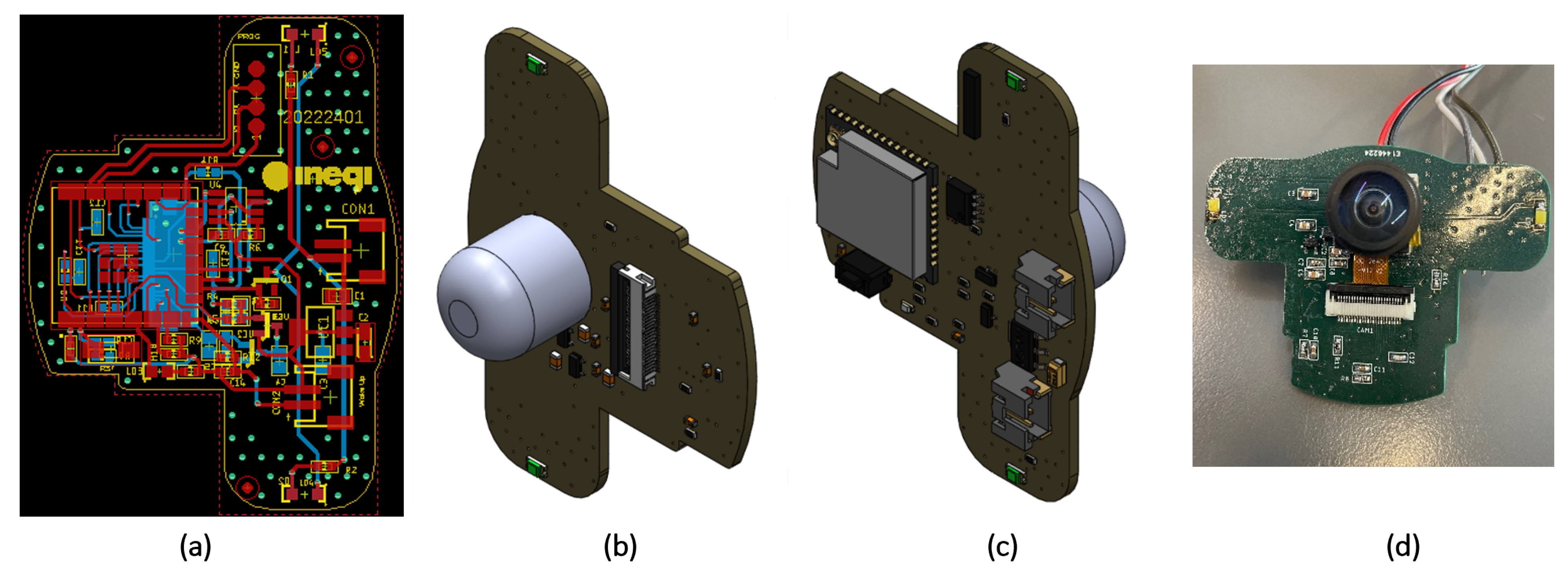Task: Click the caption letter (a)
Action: pyautogui.click(x=195, y=546)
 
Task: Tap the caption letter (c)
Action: pyautogui.click(x=1001, y=546)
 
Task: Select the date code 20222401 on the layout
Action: pyautogui.click(x=323, y=117)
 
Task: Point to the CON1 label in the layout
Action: pyautogui.click(x=357, y=209)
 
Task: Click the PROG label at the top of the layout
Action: pyautogui.click(x=248, y=37)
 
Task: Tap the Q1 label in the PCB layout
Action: pyautogui.click(x=285, y=279)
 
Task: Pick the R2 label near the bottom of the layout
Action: pyautogui.click(x=351, y=470)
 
